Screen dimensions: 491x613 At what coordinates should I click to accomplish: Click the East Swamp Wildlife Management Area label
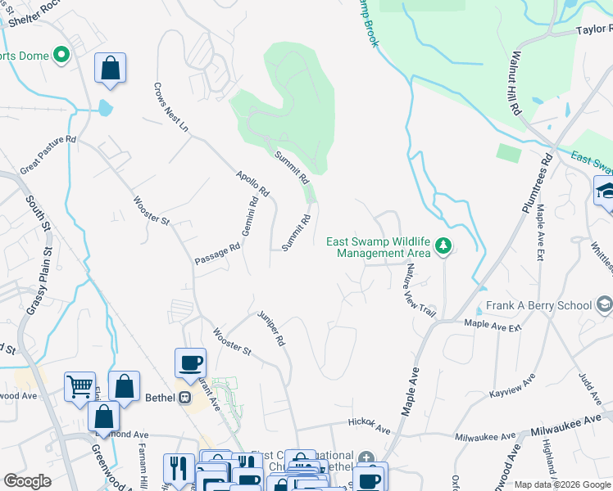pyautogui.click(x=379, y=246)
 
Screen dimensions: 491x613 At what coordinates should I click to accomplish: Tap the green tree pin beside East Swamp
pyautogui.click(x=443, y=245)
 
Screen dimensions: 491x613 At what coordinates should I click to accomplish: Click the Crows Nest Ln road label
pyautogui.click(x=171, y=107)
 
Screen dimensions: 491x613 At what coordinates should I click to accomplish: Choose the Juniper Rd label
pyautogui.click(x=270, y=328)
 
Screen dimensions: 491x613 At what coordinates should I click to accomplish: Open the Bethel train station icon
pyautogui.click(x=185, y=398)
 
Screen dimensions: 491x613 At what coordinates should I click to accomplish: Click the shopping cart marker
pyautogui.click(x=79, y=385)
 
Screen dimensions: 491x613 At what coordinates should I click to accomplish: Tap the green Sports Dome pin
pyautogui.click(x=61, y=56)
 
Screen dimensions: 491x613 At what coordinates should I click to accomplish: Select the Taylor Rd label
pyautogui.click(x=593, y=29)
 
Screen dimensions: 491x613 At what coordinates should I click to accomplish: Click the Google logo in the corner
pyautogui.click(x=27, y=481)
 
